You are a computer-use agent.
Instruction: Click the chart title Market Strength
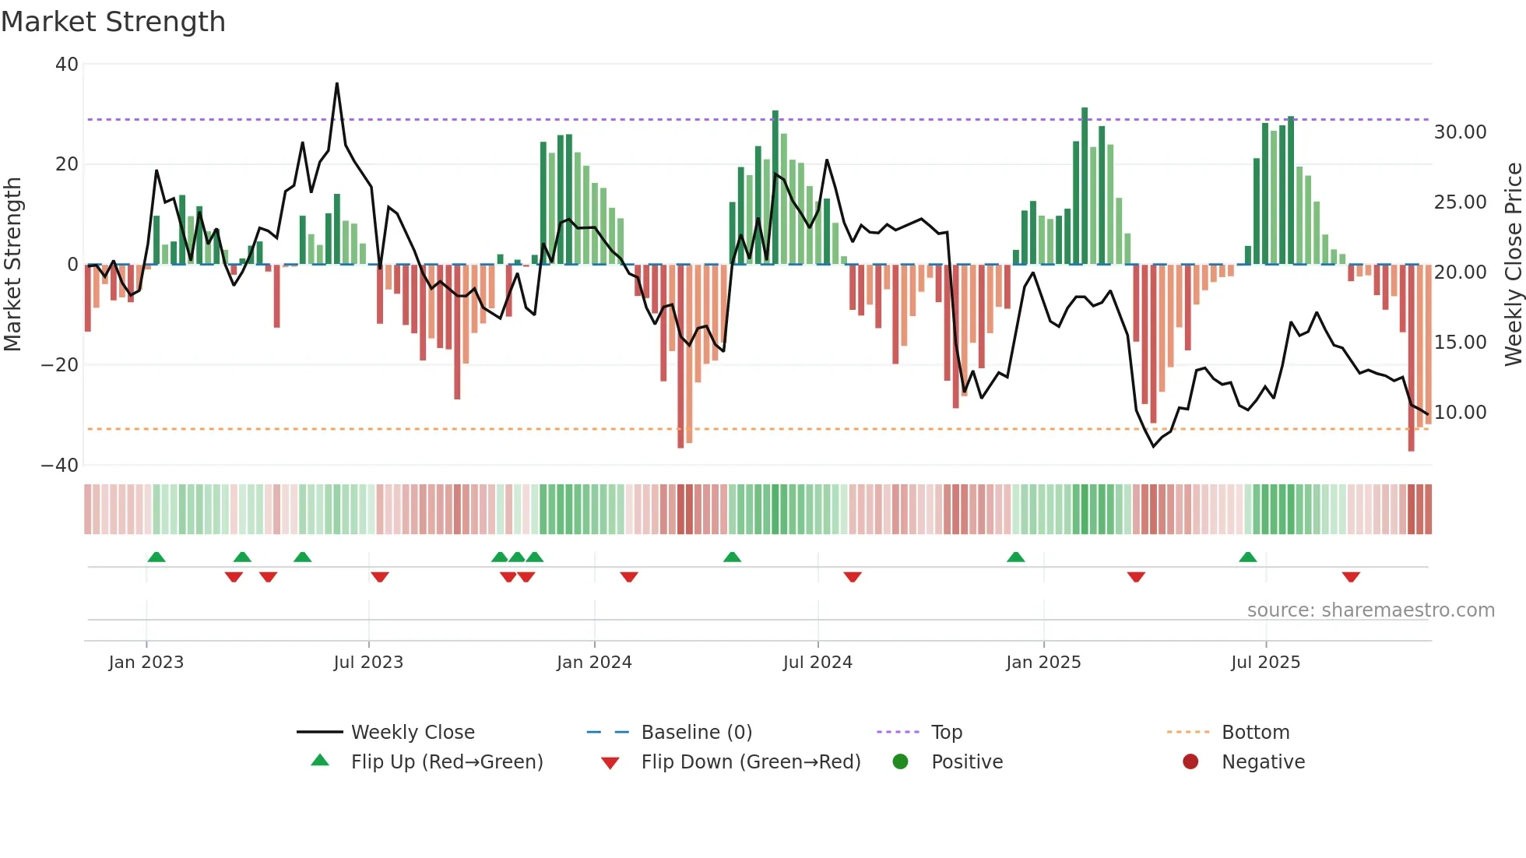(113, 22)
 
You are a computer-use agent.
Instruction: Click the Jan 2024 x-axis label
(594, 663)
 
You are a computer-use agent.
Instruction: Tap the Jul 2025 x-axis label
(1265, 663)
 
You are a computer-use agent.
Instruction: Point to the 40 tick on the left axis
(67, 65)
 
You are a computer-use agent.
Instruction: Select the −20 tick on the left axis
(60, 365)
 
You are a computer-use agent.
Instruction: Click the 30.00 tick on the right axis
(1460, 132)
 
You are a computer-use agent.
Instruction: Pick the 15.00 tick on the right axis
(1460, 343)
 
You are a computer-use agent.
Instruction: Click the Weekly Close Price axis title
(1513, 264)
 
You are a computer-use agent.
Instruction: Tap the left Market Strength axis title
(13, 264)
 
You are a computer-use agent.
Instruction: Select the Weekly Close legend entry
(412, 733)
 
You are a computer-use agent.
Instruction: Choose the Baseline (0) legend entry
(696, 733)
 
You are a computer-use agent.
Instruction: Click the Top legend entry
(946, 733)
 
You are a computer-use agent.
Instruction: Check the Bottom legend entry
(1255, 733)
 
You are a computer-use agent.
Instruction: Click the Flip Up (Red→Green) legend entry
(446, 762)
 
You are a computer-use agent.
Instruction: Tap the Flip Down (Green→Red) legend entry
(751, 762)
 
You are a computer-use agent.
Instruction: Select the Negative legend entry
(1262, 762)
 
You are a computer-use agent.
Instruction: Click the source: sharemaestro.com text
(1370, 610)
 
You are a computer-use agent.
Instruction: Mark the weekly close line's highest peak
(337, 83)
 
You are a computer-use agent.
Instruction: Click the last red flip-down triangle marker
(1351, 577)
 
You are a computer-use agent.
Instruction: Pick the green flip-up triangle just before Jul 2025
(1247, 557)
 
